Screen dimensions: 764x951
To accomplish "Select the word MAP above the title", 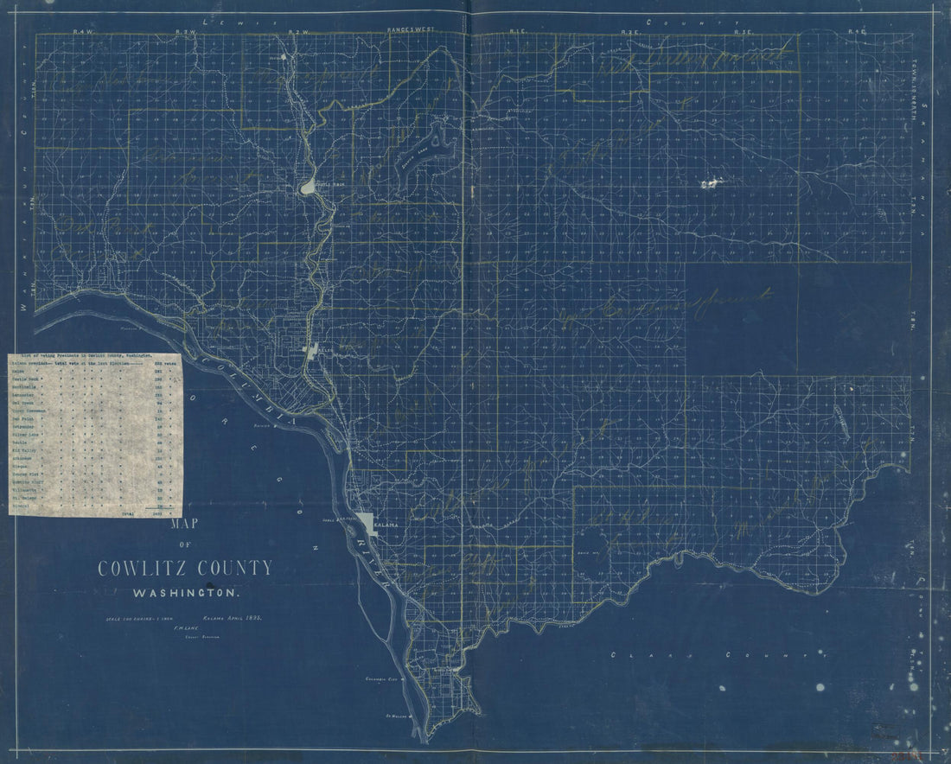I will point(183,524).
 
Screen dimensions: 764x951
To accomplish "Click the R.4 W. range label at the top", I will point(82,30).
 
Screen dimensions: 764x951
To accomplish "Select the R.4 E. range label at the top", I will point(856,31).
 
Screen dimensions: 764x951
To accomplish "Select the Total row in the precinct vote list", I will point(130,513).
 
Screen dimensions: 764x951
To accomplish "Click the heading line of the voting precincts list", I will point(82,356).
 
